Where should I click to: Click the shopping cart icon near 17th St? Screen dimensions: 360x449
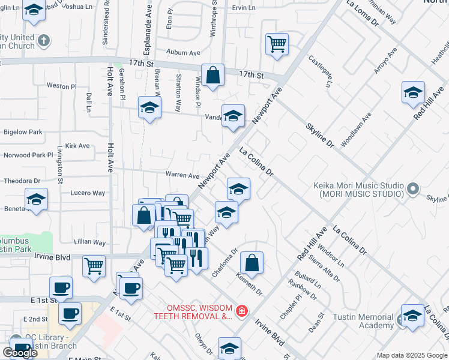click(x=277, y=43)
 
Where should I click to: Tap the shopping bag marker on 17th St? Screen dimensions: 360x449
click(x=212, y=75)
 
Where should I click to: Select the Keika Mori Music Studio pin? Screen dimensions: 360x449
click(x=412, y=190)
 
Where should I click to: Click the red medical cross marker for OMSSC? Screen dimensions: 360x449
click(x=241, y=311)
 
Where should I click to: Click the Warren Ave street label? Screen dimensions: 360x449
click(x=182, y=176)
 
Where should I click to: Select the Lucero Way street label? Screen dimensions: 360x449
click(x=88, y=193)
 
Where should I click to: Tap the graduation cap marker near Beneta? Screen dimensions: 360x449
click(x=36, y=199)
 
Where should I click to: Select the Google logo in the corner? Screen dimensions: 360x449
click(x=20, y=353)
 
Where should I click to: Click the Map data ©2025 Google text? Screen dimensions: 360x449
click(x=412, y=355)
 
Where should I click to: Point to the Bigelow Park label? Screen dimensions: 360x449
click(x=23, y=131)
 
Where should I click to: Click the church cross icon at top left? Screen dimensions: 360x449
click(x=43, y=41)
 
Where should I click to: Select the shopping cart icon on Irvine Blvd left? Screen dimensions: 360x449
click(x=94, y=266)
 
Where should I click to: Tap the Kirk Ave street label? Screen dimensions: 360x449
click(x=77, y=146)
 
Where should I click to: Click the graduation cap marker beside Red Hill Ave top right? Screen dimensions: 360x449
click(x=413, y=92)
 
